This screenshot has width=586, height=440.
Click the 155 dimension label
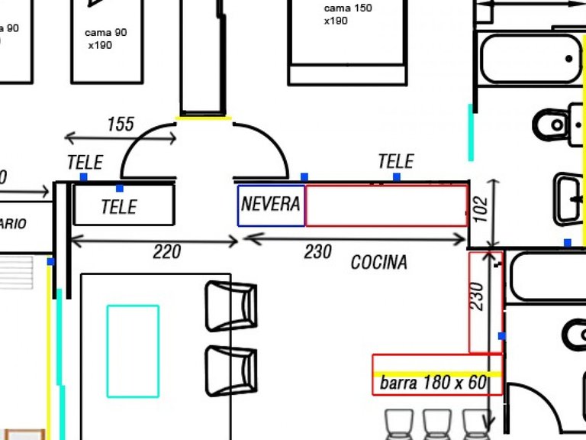click(x=121, y=124)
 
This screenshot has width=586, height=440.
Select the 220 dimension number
click(x=166, y=251)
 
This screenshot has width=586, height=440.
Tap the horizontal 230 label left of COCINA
click(x=317, y=251)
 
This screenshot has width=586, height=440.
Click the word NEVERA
click(x=271, y=204)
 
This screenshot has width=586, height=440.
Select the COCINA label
click(x=378, y=263)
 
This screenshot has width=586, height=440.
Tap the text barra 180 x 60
click(x=433, y=383)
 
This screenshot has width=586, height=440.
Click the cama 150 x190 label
click(x=347, y=15)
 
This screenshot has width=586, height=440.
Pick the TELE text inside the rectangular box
click(x=119, y=207)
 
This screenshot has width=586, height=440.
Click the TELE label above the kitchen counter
click(x=395, y=161)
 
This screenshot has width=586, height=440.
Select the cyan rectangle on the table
click(x=133, y=351)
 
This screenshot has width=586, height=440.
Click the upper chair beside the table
click(x=230, y=306)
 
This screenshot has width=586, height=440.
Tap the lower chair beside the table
click(x=230, y=370)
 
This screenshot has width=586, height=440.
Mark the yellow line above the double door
click(x=204, y=118)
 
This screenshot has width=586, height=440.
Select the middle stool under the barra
click(x=436, y=424)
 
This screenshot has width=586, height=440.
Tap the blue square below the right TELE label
click(x=397, y=177)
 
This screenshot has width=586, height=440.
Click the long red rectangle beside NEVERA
click(x=386, y=205)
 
